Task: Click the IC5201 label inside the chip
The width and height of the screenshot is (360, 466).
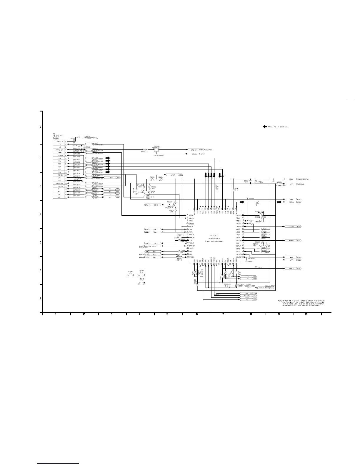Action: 214,236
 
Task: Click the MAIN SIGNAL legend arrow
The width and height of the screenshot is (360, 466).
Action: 265,127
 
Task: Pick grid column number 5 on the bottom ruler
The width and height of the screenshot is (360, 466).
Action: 167,314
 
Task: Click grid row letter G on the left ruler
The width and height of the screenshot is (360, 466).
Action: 40,127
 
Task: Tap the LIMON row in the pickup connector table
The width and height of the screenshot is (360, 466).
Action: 59,153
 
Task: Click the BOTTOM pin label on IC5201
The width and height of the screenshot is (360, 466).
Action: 239,215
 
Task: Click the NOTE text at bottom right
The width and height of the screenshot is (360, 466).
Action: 301,303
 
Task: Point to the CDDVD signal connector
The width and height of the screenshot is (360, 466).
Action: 156,205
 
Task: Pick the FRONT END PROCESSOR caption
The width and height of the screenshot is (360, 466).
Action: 214,241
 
